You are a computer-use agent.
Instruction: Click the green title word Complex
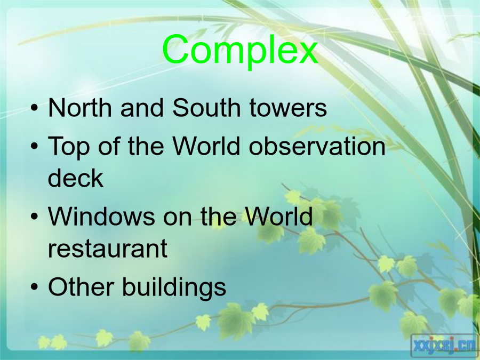[x=241, y=51]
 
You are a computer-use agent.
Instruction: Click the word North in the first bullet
[x=80, y=107]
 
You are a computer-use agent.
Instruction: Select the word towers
[x=288, y=108]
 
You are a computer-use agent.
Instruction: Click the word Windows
[x=101, y=217]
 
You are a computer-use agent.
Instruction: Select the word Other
[x=81, y=286]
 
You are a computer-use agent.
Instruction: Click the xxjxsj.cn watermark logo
[x=444, y=346]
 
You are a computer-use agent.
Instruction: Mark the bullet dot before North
[x=35, y=108]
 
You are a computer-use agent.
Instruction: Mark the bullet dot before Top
[x=35, y=146]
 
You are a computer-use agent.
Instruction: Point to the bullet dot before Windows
[x=35, y=217]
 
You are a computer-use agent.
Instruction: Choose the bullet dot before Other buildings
[x=35, y=287]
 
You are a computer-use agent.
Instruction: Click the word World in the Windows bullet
[x=278, y=216]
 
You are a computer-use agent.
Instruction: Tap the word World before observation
[x=206, y=146]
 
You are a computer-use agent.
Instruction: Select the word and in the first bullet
[x=142, y=107]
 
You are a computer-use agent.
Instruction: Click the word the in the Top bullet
[x=146, y=146]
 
